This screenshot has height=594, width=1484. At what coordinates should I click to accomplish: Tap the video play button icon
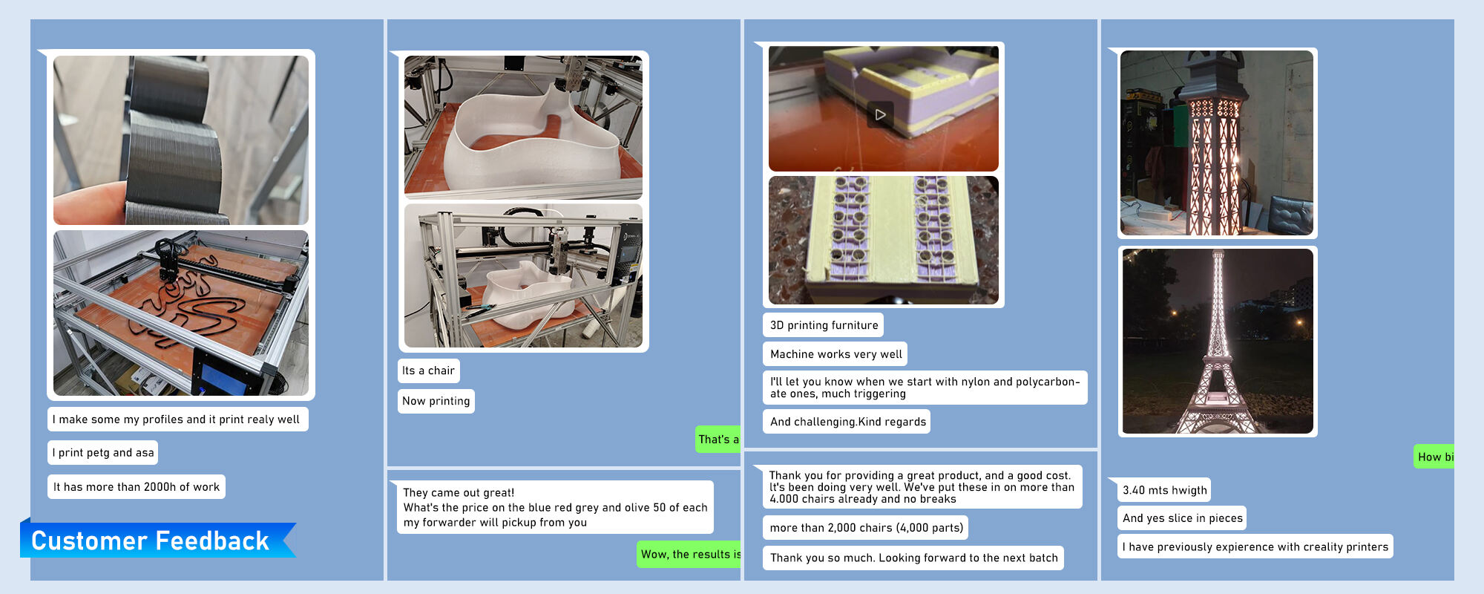tap(880, 115)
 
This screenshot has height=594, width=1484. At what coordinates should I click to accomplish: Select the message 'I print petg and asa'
tap(103, 453)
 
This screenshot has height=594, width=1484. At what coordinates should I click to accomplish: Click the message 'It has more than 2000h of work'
tap(137, 487)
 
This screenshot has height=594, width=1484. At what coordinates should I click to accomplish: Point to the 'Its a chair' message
tap(428, 371)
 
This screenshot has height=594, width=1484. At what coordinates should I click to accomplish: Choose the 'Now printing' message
tap(436, 401)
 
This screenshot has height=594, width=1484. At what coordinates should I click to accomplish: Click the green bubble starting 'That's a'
tap(718, 440)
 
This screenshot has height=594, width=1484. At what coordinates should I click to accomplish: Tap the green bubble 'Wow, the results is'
tap(689, 554)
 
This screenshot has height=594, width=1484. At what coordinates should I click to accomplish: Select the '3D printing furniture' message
tap(824, 325)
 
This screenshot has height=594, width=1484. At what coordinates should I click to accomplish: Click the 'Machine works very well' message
tap(835, 354)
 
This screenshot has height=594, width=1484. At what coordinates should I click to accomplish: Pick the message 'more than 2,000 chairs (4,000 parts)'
tap(866, 528)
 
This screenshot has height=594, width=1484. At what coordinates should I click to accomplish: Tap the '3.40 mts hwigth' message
tap(1164, 490)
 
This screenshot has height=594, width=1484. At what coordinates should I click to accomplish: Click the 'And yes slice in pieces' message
tap(1182, 518)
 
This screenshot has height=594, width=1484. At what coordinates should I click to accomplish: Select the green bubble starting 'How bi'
tap(1434, 457)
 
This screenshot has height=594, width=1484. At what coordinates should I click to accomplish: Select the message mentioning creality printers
tap(1255, 546)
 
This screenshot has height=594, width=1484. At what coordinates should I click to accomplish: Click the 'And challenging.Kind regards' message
tap(847, 422)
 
